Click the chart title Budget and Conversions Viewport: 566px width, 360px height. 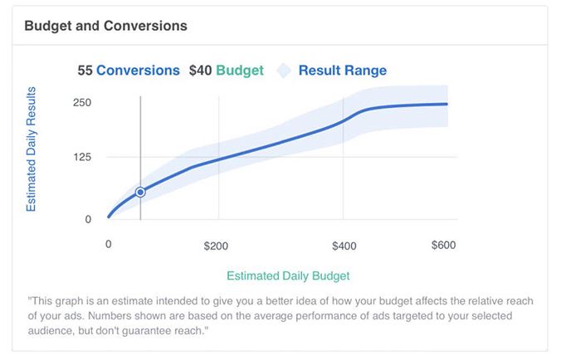[x=106, y=26]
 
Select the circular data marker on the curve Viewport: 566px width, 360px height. [x=140, y=192]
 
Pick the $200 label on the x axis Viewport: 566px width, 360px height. [x=216, y=246]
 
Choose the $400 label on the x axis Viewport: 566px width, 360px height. [x=344, y=246]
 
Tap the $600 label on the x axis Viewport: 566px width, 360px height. [x=444, y=245]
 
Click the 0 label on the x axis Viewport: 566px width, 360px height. [x=108, y=245]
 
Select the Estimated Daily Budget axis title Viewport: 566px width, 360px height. [x=288, y=275]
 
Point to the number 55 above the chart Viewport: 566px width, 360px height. [x=85, y=71]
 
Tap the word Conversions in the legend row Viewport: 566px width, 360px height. [x=138, y=71]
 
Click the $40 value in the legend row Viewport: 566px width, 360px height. [x=201, y=71]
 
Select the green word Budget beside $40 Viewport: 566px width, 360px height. [x=240, y=71]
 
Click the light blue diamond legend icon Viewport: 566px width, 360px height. [x=284, y=71]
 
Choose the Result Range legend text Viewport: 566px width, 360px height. [x=343, y=71]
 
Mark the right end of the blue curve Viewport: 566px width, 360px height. [x=447, y=105]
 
